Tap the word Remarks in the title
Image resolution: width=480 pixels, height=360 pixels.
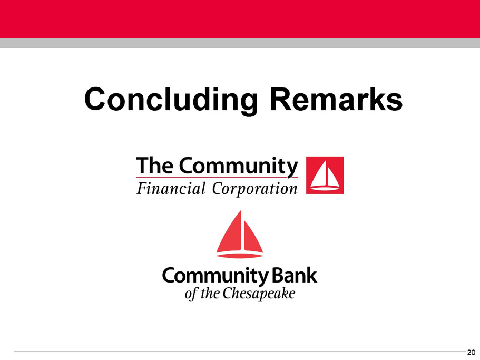coord(336,99)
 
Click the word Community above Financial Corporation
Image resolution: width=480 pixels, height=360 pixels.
coord(238,167)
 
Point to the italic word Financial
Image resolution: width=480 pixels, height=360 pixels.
coord(171,188)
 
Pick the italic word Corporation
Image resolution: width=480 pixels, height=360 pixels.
coord(254,189)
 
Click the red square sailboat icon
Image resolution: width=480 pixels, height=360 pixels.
coord(325,175)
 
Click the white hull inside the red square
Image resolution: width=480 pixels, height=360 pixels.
coord(325,189)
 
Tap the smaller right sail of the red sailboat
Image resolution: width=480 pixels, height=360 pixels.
coord(253,239)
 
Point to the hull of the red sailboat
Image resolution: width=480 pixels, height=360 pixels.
coord(240,255)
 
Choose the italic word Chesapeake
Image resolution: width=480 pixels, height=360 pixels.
coord(259,294)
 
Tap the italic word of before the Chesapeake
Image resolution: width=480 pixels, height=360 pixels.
coord(191,294)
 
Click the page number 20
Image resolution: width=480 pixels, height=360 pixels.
coord(471,352)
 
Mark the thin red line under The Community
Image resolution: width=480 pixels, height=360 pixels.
coord(217,177)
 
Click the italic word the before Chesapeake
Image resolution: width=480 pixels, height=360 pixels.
coord(210,293)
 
